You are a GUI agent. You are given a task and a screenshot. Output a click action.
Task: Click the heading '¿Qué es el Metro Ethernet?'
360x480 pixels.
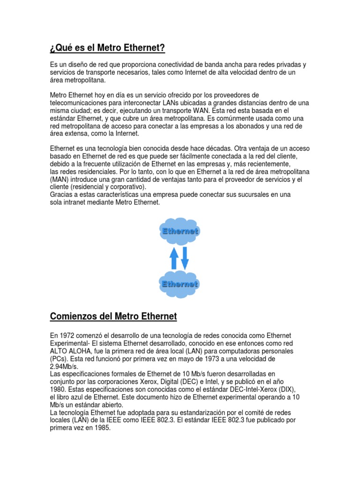[x=107, y=48]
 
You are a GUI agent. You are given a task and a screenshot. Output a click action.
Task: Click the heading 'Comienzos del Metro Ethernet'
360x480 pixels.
[x=113, y=316]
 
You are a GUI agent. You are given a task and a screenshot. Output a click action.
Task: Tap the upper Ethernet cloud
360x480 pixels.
[x=180, y=231]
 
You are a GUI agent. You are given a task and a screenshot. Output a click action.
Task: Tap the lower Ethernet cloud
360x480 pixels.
[x=180, y=284]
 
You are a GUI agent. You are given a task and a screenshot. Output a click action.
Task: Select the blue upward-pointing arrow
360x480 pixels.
[x=174, y=258]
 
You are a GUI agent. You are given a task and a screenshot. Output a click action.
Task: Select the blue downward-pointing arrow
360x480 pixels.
[x=185, y=258]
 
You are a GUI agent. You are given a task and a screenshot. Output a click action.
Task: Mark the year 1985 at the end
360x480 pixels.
[x=102, y=427]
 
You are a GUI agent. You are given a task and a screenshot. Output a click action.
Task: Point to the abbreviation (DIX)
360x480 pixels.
[x=286, y=389]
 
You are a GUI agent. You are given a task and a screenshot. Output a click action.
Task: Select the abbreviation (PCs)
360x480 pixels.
[x=59, y=359]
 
